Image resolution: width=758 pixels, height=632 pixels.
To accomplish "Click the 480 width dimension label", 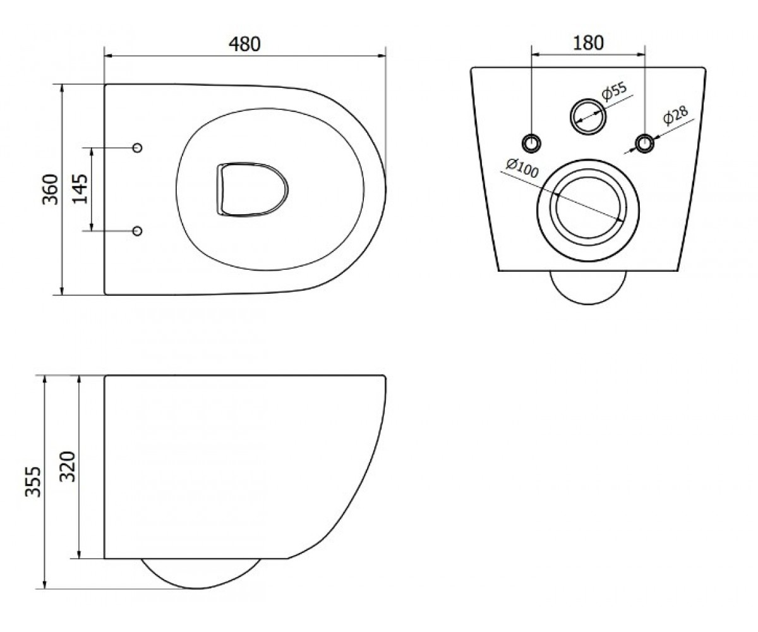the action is click(x=244, y=44).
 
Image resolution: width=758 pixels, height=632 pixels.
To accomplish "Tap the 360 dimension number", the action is click(x=51, y=190).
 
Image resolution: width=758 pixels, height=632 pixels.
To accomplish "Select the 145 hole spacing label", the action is click(x=80, y=189).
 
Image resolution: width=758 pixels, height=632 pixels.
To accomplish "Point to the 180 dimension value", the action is click(x=588, y=43).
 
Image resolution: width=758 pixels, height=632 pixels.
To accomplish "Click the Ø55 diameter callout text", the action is click(x=614, y=91).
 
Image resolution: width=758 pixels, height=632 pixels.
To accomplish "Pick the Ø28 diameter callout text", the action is click(x=675, y=115).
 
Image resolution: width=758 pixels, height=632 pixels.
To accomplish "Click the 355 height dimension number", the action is click(x=33, y=482).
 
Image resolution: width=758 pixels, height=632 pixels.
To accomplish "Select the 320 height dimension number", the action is click(x=68, y=467).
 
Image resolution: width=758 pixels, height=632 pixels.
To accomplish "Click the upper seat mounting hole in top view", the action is click(x=138, y=148).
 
